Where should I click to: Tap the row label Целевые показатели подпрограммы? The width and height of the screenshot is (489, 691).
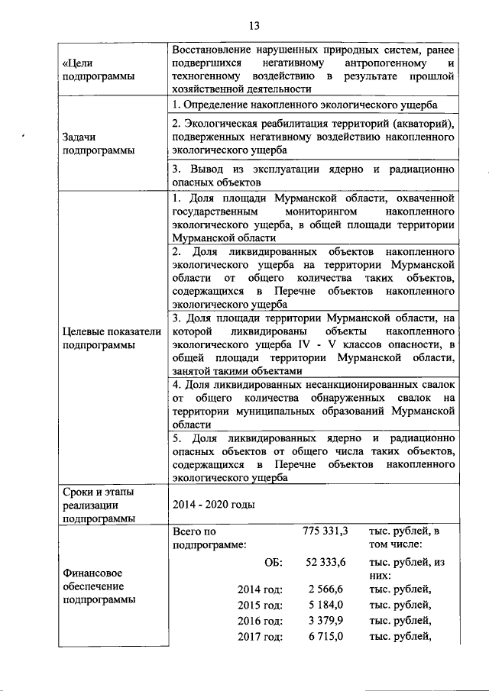point(111,337)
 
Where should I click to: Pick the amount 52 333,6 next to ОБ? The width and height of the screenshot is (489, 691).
point(325,562)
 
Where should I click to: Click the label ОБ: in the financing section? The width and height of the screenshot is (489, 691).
point(273,562)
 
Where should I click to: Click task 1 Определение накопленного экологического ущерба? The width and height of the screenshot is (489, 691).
point(305,105)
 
